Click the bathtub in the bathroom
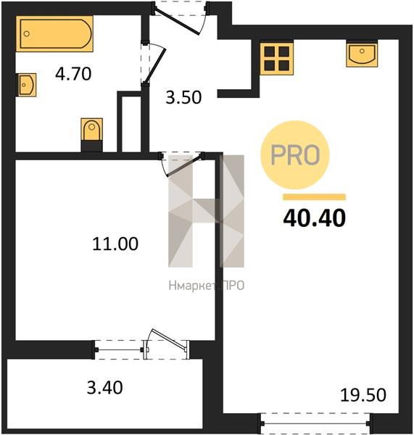[x=54, y=34]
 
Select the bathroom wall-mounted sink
[x=26, y=85]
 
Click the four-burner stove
[x=277, y=58]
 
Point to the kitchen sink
[x=362, y=55]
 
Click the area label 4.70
[x=73, y=74]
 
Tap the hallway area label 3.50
[x=183, y=98]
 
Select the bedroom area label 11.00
[x=115, y=244]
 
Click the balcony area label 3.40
[x=104, y=388]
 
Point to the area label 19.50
[x=363, y=395]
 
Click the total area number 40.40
[x=315, y=217]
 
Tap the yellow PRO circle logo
[x=295, y=155]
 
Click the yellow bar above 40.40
[x=315, y=197]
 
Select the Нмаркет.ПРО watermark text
[x=207, y=286]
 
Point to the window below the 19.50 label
[x=315, y=423]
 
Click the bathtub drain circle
[x=27, y=34]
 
